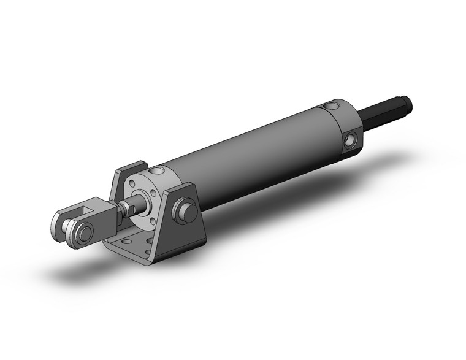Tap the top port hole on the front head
click(160, 170)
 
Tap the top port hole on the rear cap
click(334, 107)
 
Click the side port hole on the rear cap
click(350, 140)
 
